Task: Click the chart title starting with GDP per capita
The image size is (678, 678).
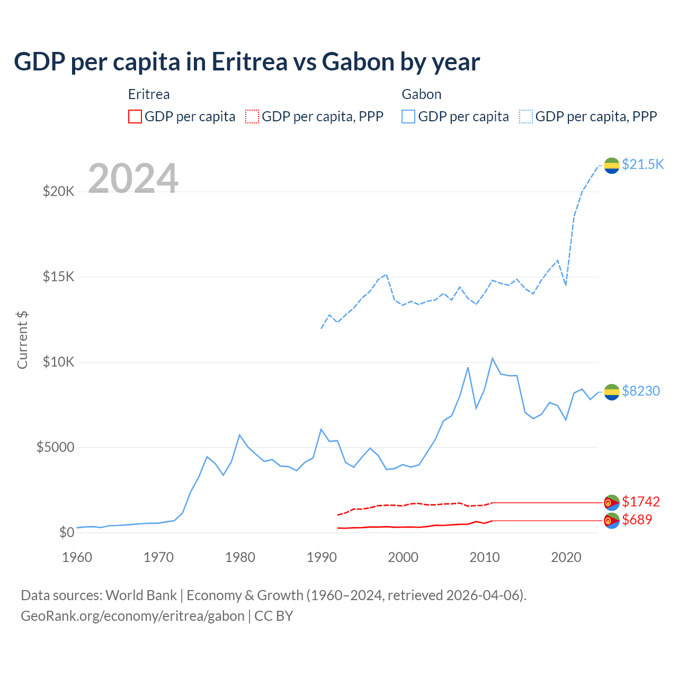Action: coord(247,62)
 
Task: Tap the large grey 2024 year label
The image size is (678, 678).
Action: coord(133,179)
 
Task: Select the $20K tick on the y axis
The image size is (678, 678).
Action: coord(59,191)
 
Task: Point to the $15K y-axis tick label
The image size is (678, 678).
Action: coord(59,276)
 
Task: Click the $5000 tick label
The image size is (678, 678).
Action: coord(56,447)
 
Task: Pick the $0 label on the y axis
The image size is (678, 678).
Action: coord(66,532)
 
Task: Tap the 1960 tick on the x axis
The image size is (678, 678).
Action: coord(77,557)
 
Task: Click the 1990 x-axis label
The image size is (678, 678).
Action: coord(322,557)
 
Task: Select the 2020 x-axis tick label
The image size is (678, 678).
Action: coord(566,557)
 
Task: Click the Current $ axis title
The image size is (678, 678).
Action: coord(22,340)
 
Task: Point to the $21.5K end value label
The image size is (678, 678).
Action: coord(643,164)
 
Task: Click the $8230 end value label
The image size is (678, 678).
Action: coord(641,391)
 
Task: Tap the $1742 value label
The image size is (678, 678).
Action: coord(641,502)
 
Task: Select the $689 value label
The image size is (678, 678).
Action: coord(637,520)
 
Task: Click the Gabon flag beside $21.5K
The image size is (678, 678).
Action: coord(612,165)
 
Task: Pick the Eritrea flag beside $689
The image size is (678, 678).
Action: coord(612,521)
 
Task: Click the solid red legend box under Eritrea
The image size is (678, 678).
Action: coord(135,117)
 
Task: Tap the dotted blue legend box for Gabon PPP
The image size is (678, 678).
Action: coord(526,117)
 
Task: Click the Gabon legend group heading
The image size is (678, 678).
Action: coord(422,94)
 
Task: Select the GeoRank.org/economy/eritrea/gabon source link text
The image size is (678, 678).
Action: coord(132,616)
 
